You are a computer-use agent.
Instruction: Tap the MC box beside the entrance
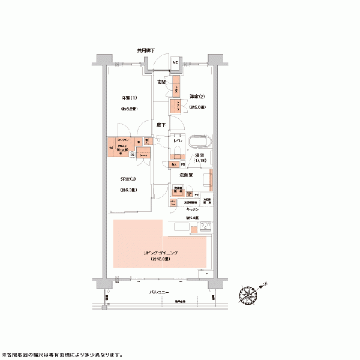(176, 62)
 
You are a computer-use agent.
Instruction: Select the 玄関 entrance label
(162, 82)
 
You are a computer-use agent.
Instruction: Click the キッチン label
(191, 210)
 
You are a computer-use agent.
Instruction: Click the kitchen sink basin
(181, 227)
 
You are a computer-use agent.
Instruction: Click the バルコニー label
(160, 291)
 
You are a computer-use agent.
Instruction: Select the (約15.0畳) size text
(160, 260)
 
